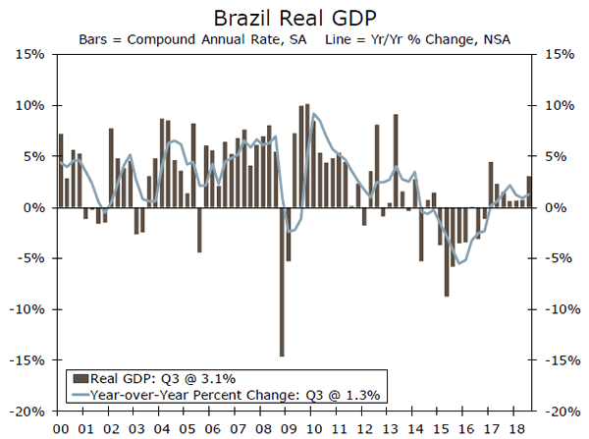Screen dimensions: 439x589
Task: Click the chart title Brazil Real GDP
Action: pos(294,18)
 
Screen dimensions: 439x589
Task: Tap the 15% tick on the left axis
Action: pos(27,54)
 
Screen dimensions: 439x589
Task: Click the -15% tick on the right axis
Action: pos(555,360)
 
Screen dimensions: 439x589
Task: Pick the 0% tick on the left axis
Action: pos(30,207)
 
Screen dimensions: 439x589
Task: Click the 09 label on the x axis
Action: pos(290,428)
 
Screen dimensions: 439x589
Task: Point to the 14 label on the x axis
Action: pos(418,428)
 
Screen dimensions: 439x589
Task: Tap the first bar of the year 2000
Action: pos(61,170)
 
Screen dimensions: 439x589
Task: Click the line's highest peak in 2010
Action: pos(313,115)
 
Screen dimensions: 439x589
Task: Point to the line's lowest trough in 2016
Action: pos(458,263)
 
